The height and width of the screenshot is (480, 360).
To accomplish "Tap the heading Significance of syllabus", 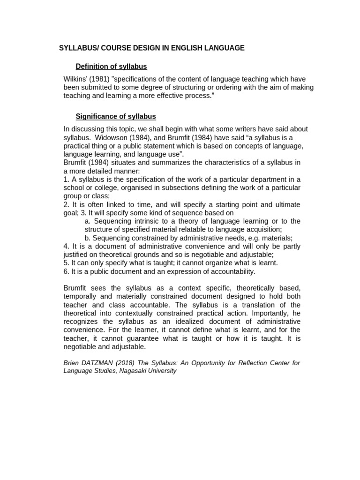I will (x=116, y=116).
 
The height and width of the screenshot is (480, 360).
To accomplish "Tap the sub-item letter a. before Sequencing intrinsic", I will (x=88, y=221).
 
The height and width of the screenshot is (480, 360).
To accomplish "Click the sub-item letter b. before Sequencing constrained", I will (x=88, y=238).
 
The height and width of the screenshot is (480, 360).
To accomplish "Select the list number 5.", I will (x=66, y=263).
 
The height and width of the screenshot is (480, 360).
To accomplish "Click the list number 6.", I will (x=66, y=271).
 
